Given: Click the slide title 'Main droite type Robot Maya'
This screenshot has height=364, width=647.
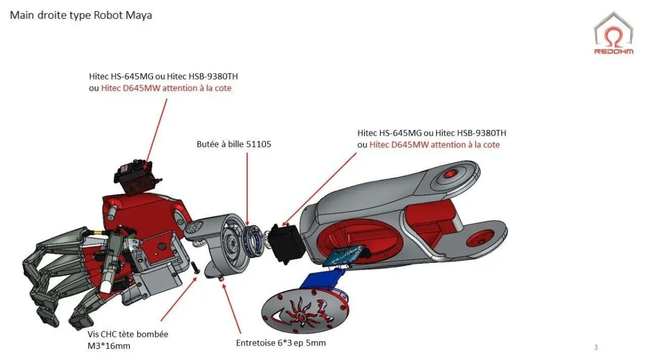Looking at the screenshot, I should click(x=81, y=15).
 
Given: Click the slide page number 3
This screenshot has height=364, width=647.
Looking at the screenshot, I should click(x=595, y=347).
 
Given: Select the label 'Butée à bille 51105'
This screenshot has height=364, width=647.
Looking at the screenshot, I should click(x=233, y=145).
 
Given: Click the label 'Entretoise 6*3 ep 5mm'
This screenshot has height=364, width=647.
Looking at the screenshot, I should click(x=280, y=343).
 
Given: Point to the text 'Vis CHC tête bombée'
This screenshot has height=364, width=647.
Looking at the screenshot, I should click(x=128, y=334).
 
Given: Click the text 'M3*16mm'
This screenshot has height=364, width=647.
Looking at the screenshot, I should click(x=109, y=346).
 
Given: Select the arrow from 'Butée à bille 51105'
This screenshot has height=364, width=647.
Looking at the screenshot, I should click(x=247, y=189).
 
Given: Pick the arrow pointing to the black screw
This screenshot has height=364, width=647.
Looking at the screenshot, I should click(x=178, y=299).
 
